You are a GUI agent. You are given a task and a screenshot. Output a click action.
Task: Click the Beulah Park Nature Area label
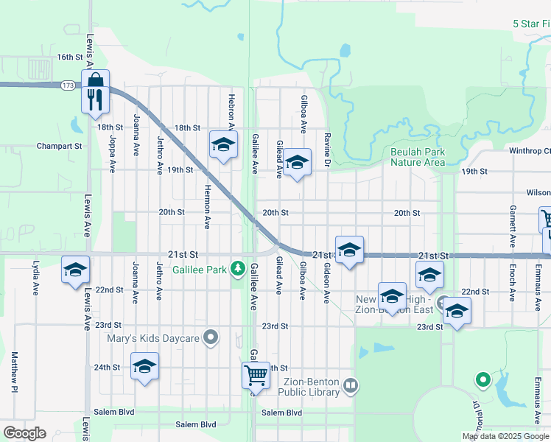coord(418,157)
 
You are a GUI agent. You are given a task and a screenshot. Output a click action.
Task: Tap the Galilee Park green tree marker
coord(237,268)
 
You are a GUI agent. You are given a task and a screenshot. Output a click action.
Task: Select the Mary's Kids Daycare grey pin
coord(211,338)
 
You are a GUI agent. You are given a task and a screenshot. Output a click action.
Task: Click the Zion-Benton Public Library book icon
coord(351,385)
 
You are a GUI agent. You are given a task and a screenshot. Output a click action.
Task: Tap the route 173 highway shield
coord(68,85)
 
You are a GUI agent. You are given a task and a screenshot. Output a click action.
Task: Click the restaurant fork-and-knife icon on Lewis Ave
coord(95,99)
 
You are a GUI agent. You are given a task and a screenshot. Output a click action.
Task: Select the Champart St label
coord(59,146)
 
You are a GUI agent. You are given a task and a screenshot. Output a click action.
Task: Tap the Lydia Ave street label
coord(35,277)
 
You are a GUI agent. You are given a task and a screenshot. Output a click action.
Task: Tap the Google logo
coord(24,433)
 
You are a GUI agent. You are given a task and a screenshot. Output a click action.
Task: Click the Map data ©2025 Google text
coord(505,436)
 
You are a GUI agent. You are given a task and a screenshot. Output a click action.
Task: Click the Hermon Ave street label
coord(208,206)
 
